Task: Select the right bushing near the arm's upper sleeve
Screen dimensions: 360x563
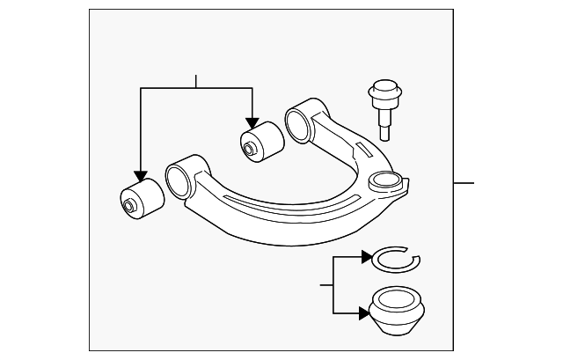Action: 260,143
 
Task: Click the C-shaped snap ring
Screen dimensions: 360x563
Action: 396,258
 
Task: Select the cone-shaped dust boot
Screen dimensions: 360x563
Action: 398,312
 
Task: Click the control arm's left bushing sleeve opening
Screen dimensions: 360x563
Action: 179,179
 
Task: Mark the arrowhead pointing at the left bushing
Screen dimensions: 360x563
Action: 139,176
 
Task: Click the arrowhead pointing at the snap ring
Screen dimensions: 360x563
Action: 367,258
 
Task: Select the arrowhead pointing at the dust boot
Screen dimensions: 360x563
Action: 367,312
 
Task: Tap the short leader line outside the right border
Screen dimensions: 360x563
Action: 463,182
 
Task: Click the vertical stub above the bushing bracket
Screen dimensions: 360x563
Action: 195,82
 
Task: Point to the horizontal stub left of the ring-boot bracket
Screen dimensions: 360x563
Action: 326,285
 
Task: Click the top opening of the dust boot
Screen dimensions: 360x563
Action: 398,299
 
